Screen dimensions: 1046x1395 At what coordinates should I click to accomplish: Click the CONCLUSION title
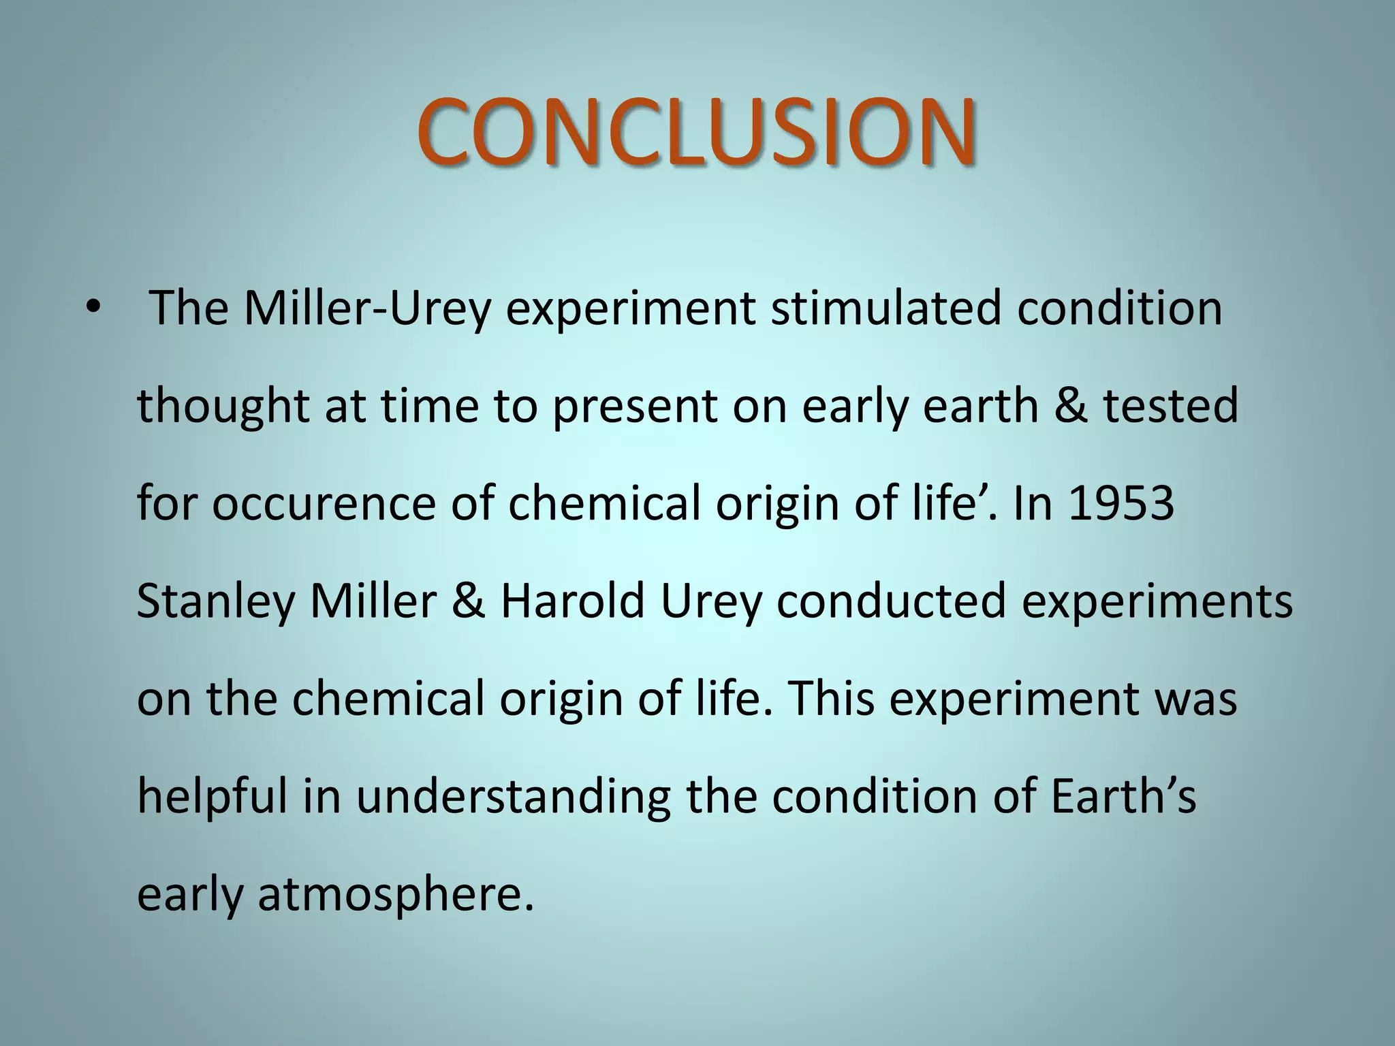pos(696,132)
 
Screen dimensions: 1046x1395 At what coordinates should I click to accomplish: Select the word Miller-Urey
pos(367,308)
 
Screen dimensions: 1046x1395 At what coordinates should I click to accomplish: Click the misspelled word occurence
pos(324,504)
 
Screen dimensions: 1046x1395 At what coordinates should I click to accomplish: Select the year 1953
pos(1121,504)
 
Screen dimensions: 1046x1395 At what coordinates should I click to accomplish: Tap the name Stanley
pos(215,603)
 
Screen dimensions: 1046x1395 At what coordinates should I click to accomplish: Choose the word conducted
pos(891,601)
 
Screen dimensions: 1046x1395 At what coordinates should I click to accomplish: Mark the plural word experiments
pos(1157,603)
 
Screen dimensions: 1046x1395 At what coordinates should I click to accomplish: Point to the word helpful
pos(212,797)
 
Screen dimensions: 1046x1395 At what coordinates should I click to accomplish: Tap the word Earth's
pos(1123,796)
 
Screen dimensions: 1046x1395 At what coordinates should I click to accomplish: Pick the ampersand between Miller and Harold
pos(468,602)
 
